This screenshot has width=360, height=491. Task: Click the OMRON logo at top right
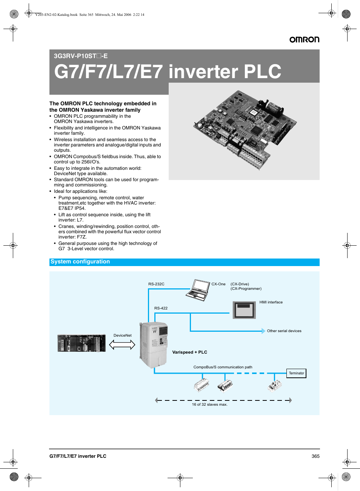point(305,40)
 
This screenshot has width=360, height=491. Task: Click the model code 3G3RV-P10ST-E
point(81,56)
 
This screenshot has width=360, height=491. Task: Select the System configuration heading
point(80,262)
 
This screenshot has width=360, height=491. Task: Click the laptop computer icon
point(198,290)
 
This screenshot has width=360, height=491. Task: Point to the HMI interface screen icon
point(244,310)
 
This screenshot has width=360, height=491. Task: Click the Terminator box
point(296,373)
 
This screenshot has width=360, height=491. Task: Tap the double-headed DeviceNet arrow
point(122,345)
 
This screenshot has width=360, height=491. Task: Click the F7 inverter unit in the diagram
point(153,345)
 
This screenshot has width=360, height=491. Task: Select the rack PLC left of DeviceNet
point(82,343)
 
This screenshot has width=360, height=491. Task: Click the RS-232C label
point(156,284)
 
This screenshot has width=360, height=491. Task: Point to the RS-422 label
point(161,308)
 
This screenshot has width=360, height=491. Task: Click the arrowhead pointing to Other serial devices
point(263,331)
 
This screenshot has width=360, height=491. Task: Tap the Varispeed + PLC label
point(189,352)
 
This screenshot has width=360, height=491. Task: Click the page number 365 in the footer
point(315,456)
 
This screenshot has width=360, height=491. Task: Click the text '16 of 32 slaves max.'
point(210,405)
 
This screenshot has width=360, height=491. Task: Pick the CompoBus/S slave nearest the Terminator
point(275,386)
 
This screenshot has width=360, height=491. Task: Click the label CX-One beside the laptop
point(218,284)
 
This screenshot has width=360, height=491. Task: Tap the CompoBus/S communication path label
point(223,367)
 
